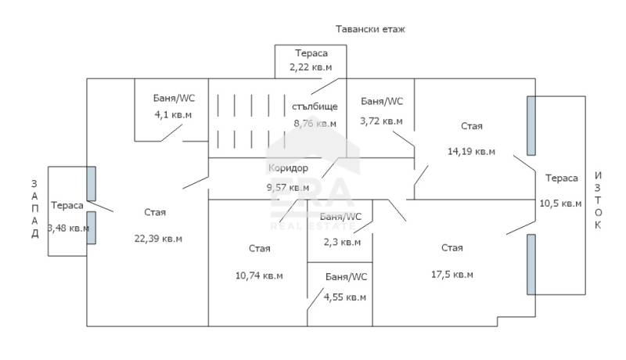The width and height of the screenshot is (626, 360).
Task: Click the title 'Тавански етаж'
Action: (370, 29)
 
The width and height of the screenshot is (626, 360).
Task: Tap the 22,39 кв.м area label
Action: (158, 239)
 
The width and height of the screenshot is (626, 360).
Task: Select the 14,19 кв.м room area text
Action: (471, 152)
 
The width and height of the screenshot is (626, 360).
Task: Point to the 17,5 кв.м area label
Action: (452, 275)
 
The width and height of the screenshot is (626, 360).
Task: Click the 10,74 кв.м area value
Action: (259, 275)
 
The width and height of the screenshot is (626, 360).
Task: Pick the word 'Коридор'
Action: (288, 168)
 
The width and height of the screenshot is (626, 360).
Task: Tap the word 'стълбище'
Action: (315, 106)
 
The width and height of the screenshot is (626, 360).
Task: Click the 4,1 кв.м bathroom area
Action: (173, 115)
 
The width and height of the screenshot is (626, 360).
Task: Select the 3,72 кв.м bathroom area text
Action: (381, 121)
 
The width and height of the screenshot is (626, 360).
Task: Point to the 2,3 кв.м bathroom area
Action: (342, 243)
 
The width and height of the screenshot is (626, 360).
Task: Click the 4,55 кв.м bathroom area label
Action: (344, 297)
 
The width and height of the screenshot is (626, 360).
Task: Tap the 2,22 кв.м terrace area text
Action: (311, 67)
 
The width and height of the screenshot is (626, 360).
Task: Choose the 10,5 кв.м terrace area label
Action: (560, 203)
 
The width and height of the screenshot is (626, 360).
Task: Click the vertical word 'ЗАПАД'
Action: (34, 209)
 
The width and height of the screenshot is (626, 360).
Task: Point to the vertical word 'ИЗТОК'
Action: (598, 200)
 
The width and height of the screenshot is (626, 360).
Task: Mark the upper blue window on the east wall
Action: (531, 126)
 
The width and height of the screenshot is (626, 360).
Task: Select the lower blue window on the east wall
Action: (531, 265)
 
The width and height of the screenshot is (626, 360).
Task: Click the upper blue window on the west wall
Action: (91, 184)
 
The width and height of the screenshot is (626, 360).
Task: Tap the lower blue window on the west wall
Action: (91, 228)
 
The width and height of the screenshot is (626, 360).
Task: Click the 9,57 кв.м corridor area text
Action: (288, 187)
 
